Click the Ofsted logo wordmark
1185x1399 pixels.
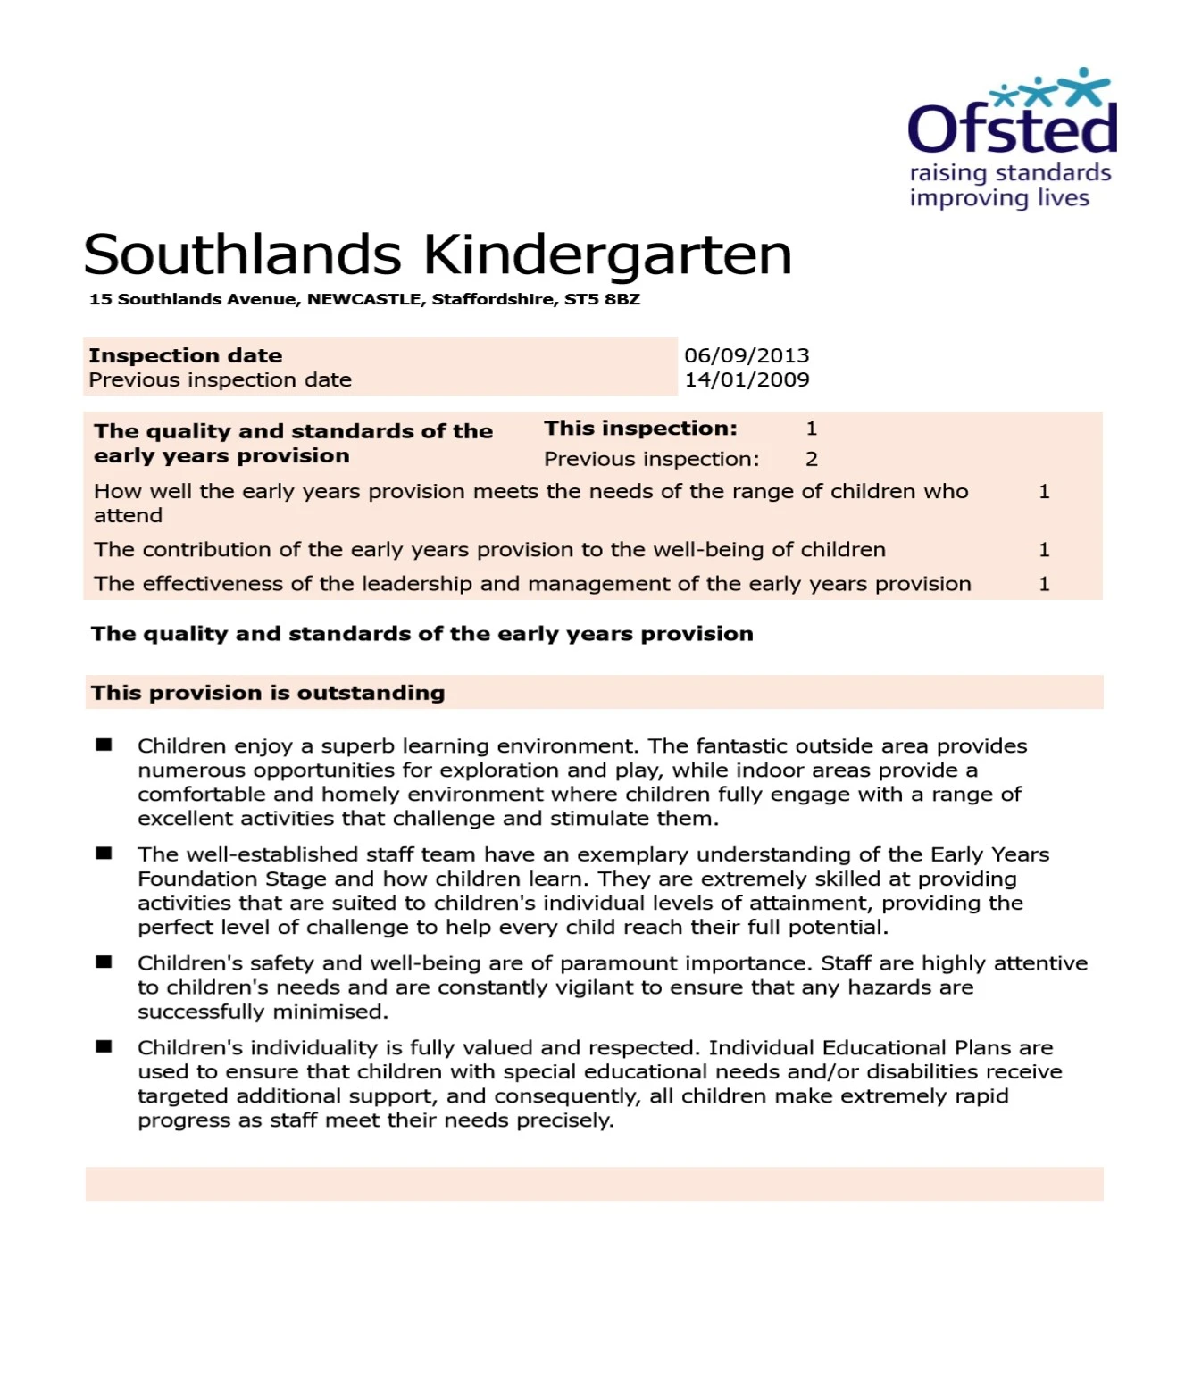(1012, 129)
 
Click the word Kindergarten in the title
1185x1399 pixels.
(607, 255)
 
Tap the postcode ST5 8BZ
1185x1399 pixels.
(602, 299)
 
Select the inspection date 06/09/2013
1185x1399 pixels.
(747, 355)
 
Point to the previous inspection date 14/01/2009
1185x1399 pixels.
(747, 379)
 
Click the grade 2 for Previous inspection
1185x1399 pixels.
(811, 459)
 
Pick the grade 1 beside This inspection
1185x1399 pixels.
(811, 429)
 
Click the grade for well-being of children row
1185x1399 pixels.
(1043, 550)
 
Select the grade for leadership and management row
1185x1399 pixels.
(1043, 584)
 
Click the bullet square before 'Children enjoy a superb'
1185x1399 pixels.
(104, 745)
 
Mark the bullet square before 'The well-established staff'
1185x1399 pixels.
(104, 854)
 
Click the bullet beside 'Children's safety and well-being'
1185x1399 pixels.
(104, 962)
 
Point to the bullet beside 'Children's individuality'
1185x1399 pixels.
(104, 1046)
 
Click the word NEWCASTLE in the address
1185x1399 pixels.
(364, 299)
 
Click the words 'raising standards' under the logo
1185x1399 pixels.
(1010, 173)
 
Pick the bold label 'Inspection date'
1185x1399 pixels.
(186, 355)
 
